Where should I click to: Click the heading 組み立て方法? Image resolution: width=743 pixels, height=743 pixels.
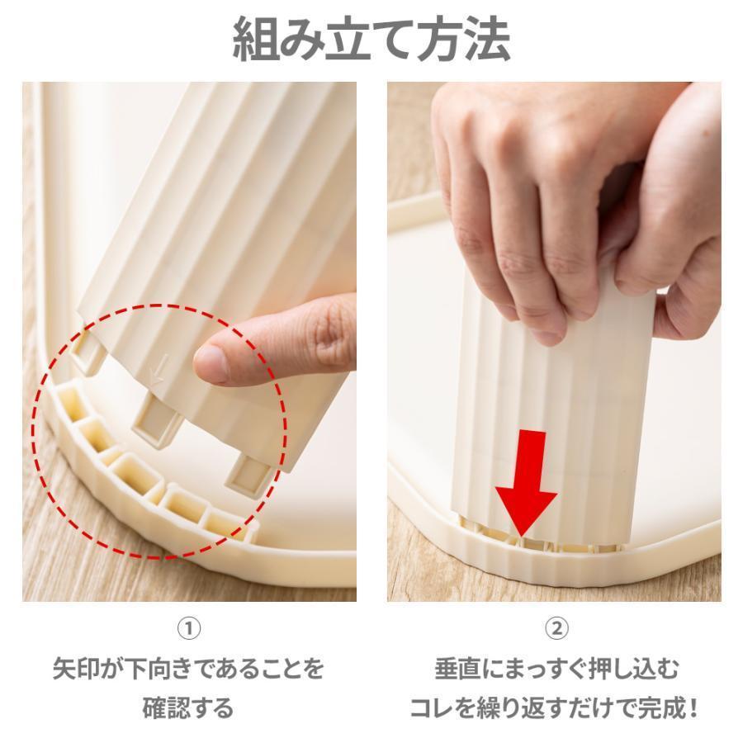tap(371, 40)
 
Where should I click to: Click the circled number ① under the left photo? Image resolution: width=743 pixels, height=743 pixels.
tap(188, 628)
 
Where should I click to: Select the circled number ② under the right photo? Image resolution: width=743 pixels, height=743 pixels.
tap(556, 628)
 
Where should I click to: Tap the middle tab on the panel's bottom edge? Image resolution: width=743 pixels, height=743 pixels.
tap(156, 420)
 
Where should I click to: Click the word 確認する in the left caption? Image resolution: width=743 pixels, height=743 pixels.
tap(188, 708)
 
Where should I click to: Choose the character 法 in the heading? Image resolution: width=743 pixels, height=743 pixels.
tap(488, 40)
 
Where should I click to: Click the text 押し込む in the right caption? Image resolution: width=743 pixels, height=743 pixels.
tap(633, 669)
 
